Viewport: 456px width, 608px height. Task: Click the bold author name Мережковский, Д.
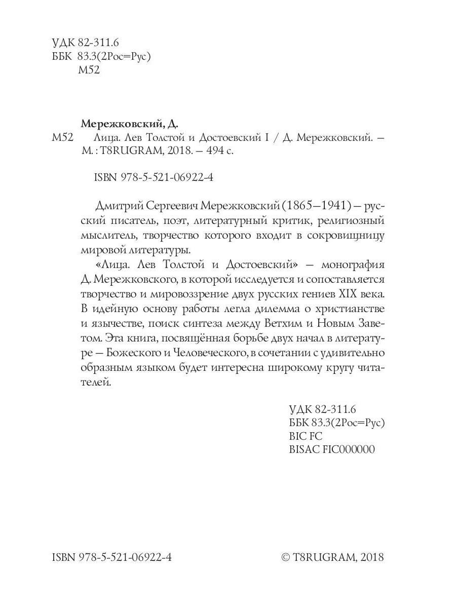[x=131, y=123]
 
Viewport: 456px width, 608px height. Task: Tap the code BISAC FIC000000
[x=332, y=449]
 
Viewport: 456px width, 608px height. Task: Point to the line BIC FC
[x=306, y=436]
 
